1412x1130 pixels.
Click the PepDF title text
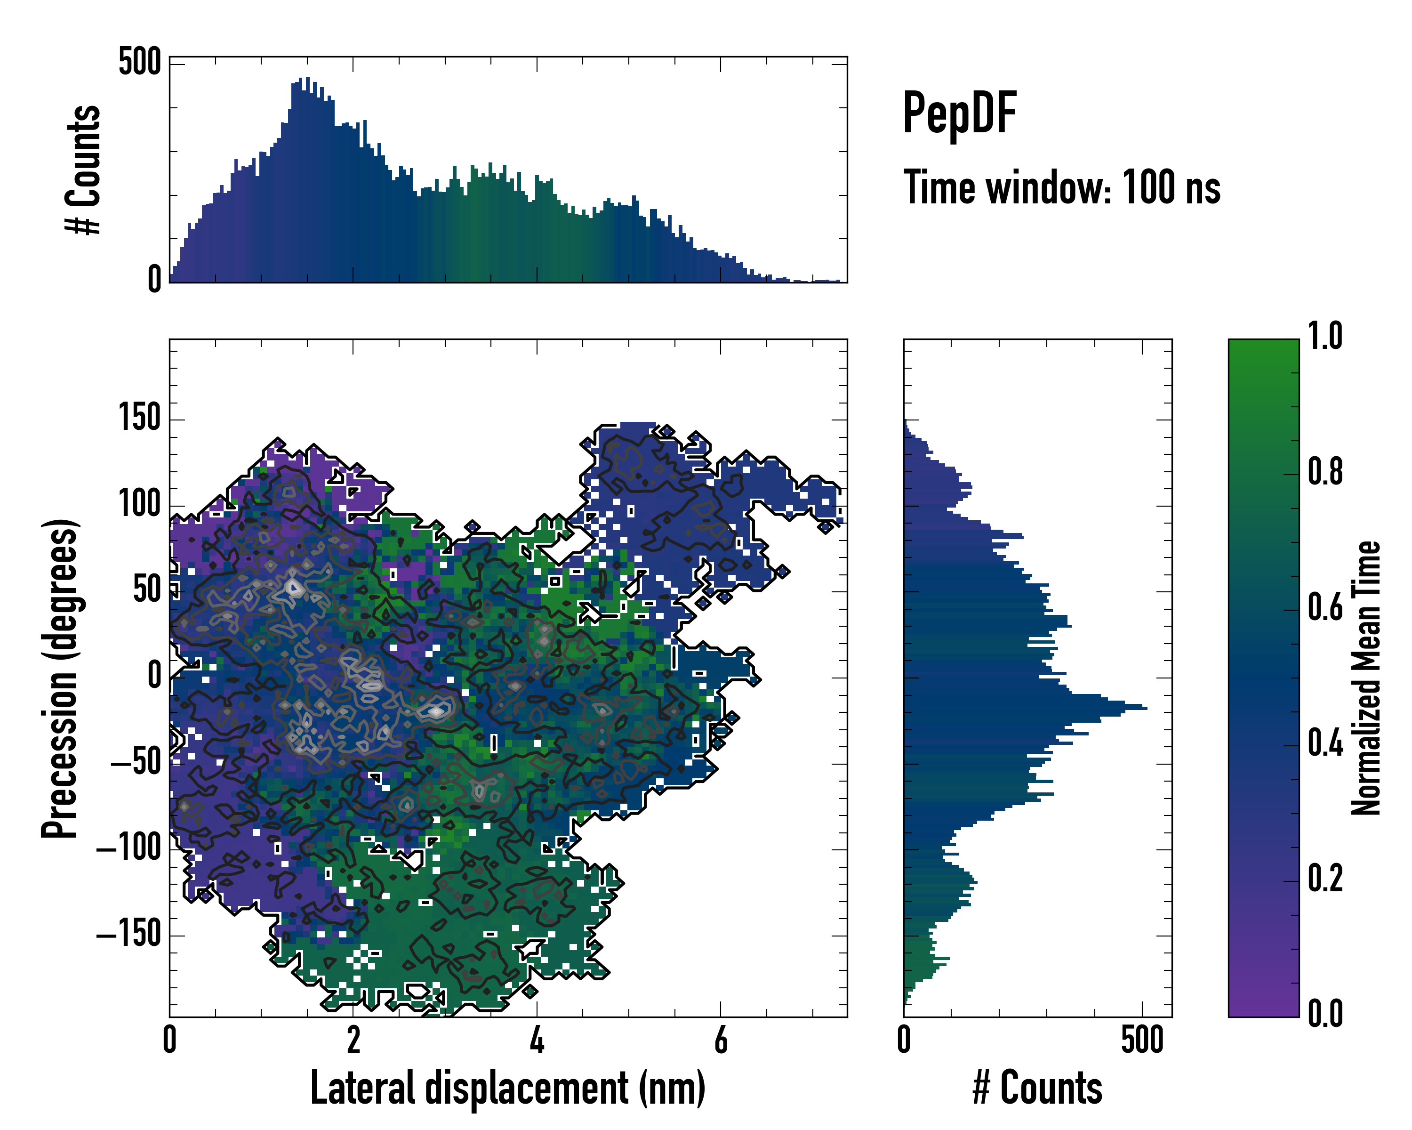959,114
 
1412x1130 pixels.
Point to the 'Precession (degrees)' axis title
60,678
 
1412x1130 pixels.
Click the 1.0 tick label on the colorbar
1325,337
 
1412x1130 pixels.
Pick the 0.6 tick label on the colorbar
1325,608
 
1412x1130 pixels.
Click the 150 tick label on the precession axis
139,418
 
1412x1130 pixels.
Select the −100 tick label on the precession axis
129,848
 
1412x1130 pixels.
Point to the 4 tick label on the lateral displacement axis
537,1040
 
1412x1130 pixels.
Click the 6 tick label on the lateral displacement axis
721,1040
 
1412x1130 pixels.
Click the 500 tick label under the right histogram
1142,1040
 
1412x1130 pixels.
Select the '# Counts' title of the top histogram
84,169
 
